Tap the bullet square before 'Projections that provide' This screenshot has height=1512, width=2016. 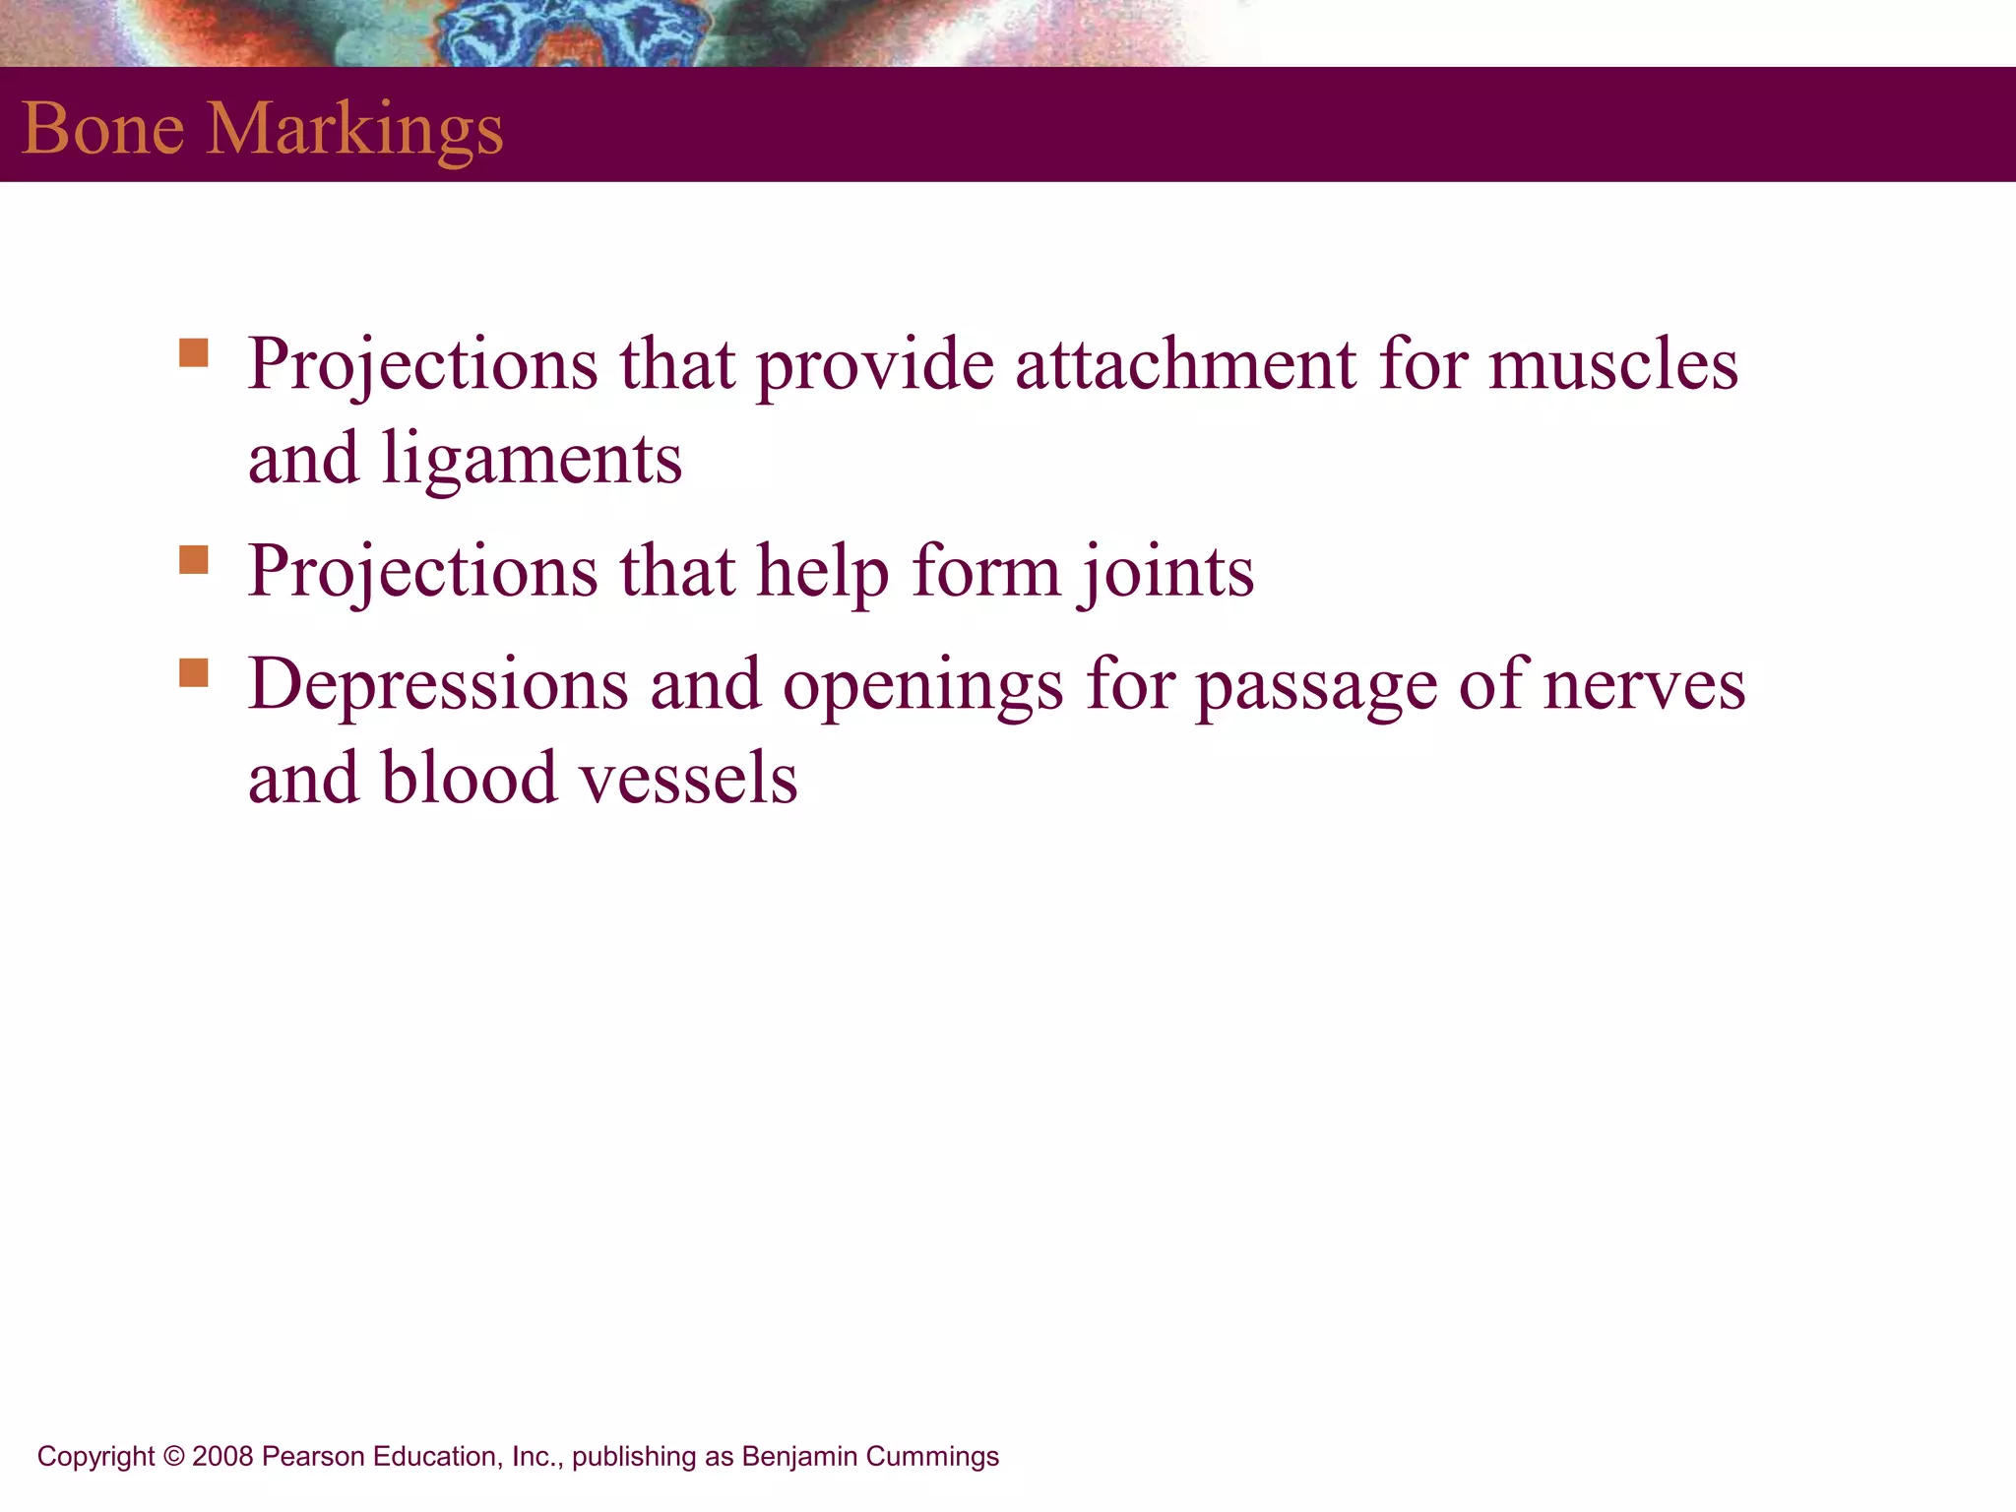194,352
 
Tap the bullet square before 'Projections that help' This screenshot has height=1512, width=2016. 194,559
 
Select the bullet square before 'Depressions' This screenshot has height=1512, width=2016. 194,672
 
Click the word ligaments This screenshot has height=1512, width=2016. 532,461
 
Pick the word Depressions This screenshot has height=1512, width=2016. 438,685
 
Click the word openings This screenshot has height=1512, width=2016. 922,687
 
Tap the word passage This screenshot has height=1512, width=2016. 1316,687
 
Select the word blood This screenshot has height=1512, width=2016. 470,778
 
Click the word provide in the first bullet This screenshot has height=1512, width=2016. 875,366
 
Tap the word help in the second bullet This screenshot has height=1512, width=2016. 822,573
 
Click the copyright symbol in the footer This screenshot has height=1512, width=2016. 174,1456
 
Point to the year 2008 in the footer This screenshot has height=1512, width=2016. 223,1456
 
